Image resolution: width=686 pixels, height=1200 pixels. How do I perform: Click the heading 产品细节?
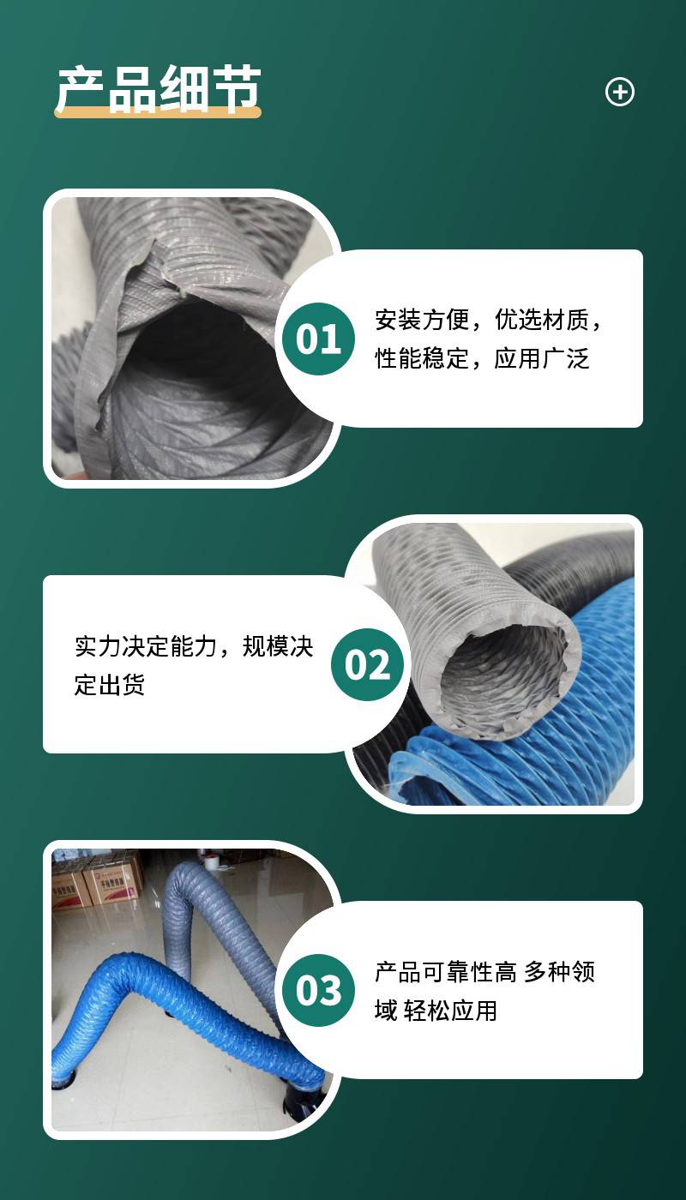[159, 89]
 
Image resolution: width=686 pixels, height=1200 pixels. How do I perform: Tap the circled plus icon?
[619, 92]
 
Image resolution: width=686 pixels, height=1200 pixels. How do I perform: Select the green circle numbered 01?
[318, 339]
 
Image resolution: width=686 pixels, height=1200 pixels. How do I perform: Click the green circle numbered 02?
[367, 664]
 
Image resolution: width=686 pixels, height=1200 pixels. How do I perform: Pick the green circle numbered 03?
[318, 990]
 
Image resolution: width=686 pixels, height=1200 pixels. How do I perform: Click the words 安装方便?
[422, 320]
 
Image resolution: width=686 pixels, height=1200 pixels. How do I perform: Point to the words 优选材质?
[541, 320]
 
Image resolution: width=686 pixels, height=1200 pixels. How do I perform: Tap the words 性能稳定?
[422, 358]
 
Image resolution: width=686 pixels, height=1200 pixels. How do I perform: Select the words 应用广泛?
[541, 358]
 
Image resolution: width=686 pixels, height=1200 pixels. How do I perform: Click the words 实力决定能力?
[146, 646]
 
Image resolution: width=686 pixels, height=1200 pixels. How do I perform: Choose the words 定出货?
[110, 685]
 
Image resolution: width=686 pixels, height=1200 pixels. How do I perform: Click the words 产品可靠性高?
[446, 972]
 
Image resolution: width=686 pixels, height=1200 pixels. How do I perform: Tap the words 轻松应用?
[450, 1011]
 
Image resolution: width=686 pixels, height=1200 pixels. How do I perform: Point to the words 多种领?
[559, 972]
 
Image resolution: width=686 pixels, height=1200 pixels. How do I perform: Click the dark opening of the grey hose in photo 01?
[198, 343]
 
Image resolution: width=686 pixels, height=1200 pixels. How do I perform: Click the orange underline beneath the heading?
[158, 112]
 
